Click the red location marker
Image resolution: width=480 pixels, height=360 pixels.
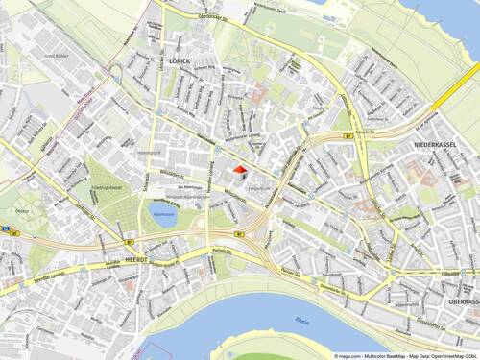tap(238, 171)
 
